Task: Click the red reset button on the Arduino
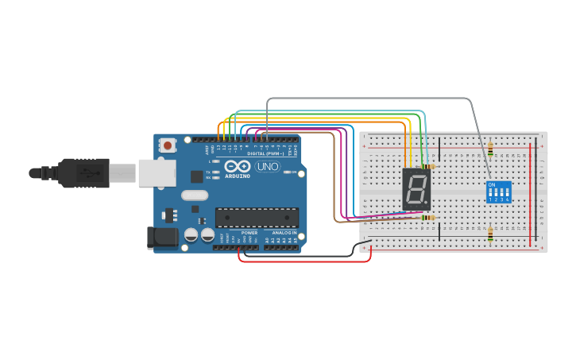[168, 145]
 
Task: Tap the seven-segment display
[416, 189]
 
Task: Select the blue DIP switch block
[498, 192]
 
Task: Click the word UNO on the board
[267, 167]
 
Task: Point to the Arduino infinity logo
[237, 167]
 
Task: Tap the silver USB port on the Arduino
[157, 172]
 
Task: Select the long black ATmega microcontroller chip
[257, 217]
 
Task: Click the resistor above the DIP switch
[490, 149]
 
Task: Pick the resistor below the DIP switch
[490, 234]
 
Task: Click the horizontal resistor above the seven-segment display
[430, 166]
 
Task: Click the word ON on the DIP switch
[492, 185]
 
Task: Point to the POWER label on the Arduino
[249, 233]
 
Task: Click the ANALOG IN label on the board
[284, 233]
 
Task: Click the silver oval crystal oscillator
[195, 195]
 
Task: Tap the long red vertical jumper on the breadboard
[532, 191]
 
